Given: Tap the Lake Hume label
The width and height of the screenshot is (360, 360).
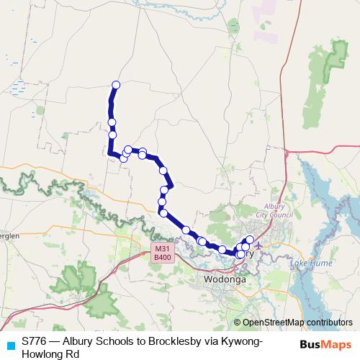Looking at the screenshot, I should pyautogui.click(x=310, y=264).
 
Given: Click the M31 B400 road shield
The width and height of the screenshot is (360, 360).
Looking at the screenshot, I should pyautogui.click(x=162, y=253).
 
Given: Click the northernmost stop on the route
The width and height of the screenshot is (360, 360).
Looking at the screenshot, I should pyautogui.click(x=115, y=85).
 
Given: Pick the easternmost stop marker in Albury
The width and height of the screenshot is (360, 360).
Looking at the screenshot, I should pyautogui.click(x=250, y=240).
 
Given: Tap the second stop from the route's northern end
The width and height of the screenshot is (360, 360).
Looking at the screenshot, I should pyautogui.click(x=112, y=122).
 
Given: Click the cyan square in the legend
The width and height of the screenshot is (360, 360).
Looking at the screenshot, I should pyautogui.click(x=9, y=344).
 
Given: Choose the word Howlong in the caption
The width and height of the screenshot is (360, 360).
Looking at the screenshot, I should pyautogui.click(x=43, y=354).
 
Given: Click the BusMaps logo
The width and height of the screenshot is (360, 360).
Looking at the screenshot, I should pyautogui.click(x=325, y=345).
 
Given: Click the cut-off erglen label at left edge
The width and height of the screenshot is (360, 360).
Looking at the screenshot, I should pyautogui.click(x=9, y=235).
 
